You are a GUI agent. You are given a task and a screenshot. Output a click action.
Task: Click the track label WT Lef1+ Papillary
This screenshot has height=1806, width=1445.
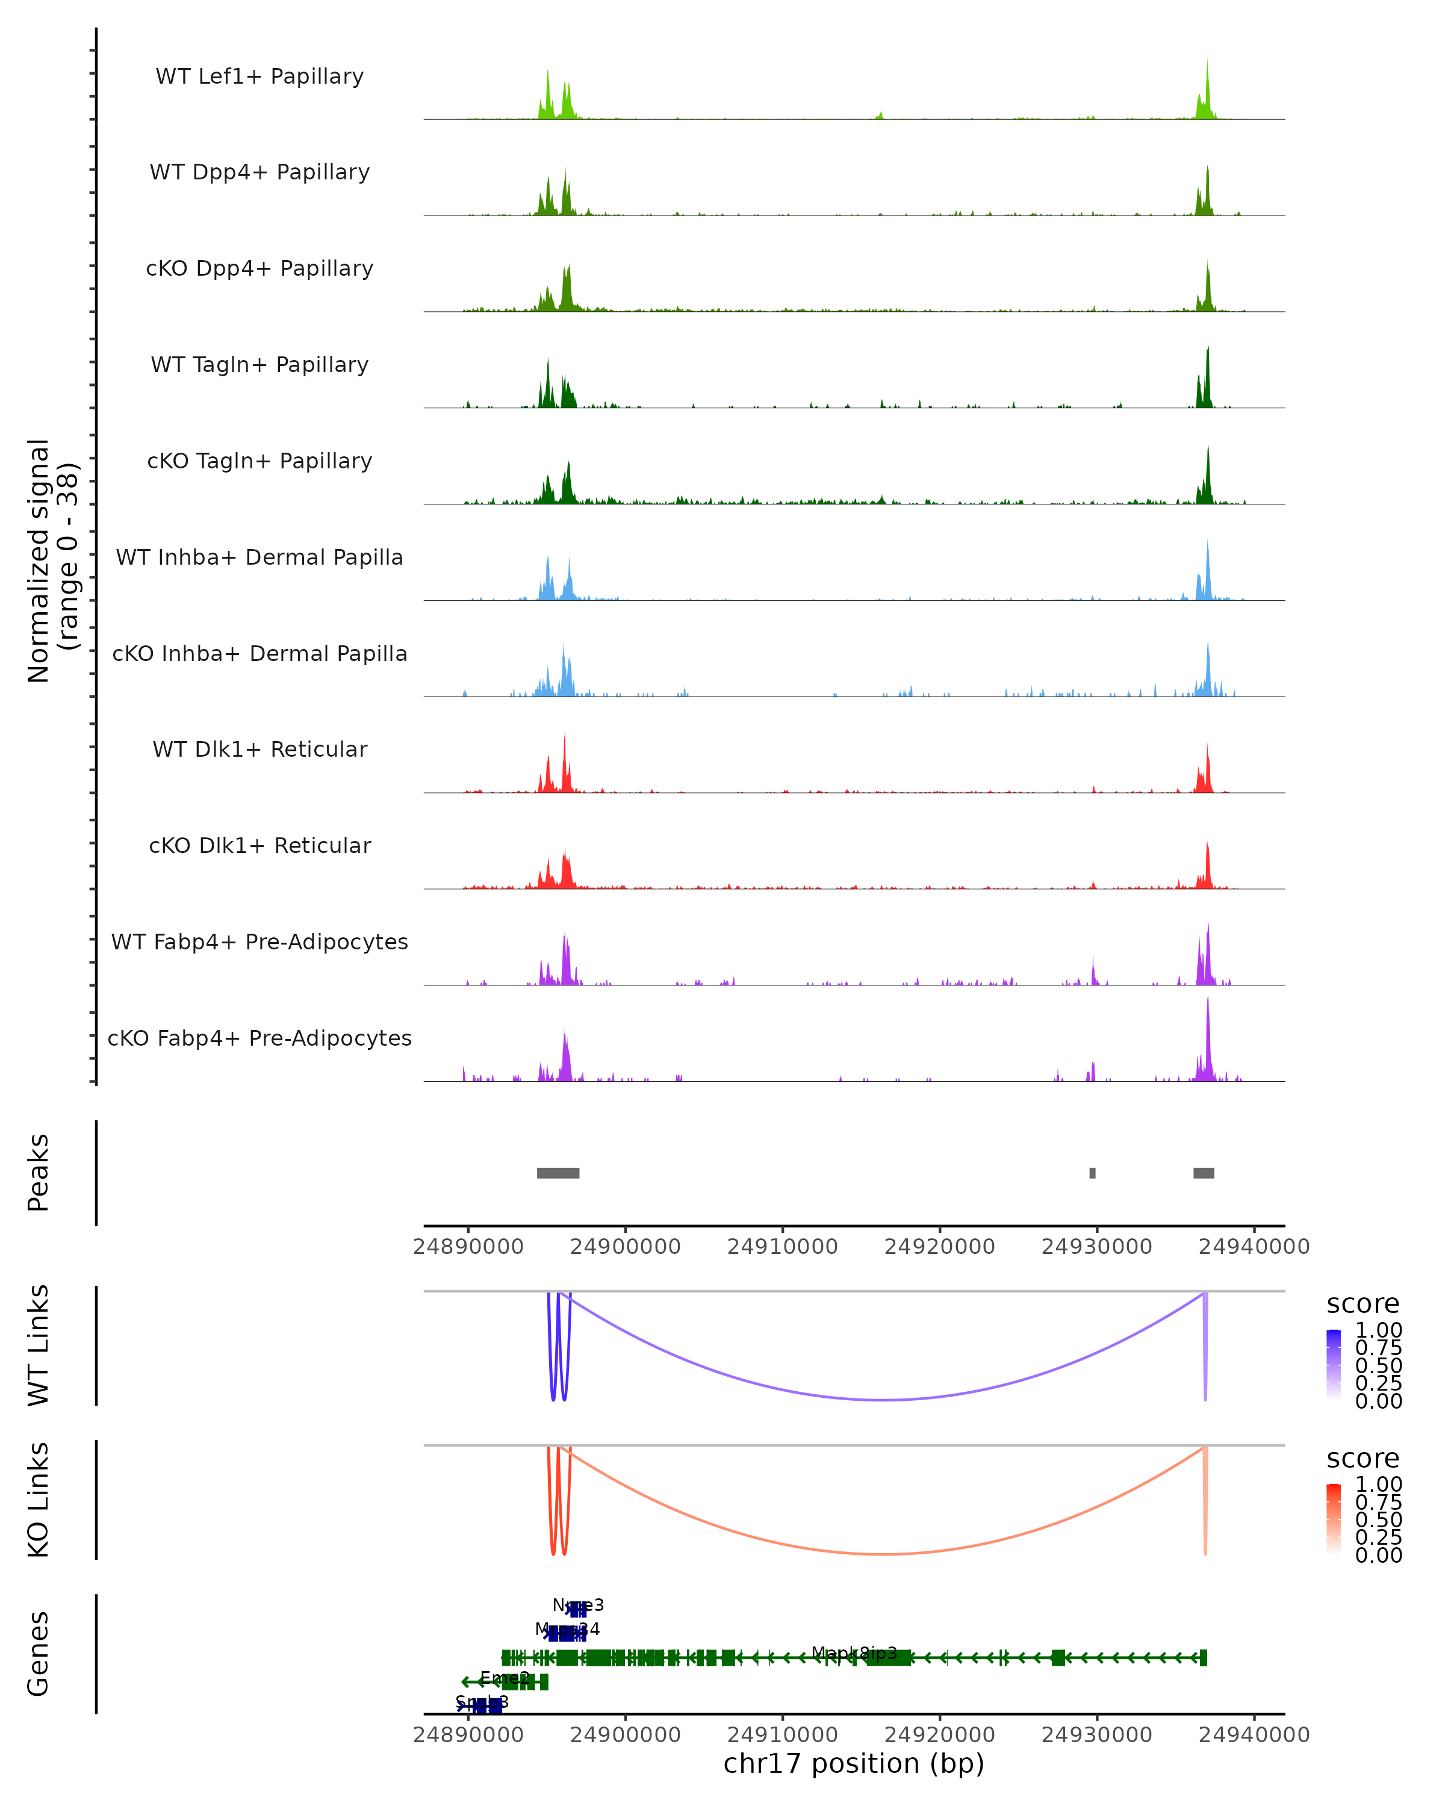coord(259,76)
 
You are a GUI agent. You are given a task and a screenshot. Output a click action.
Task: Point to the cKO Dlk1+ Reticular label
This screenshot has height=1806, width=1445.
coord(259,845)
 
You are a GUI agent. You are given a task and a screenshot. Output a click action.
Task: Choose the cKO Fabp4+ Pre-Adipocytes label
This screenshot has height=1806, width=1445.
coord(259,1038)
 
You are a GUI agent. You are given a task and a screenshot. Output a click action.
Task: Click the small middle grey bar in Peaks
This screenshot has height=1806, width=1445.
coord(1092,1173)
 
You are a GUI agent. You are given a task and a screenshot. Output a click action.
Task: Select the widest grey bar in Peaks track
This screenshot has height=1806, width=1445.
coord(558,1173)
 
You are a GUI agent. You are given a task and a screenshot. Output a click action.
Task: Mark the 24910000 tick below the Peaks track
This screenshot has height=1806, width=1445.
coord(782,1247)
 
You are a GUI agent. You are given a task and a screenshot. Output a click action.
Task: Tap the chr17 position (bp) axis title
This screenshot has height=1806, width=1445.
coord(854,1764)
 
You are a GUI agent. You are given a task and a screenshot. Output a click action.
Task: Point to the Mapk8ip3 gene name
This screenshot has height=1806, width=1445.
coord(854,1654)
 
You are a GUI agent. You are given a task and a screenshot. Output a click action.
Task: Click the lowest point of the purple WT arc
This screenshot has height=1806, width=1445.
coord(884,1400)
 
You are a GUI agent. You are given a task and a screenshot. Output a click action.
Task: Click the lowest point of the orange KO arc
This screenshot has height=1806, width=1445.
coord(884,1554)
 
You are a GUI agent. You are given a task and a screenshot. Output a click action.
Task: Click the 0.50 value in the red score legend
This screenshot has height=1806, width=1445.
coord(1378,1519)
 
